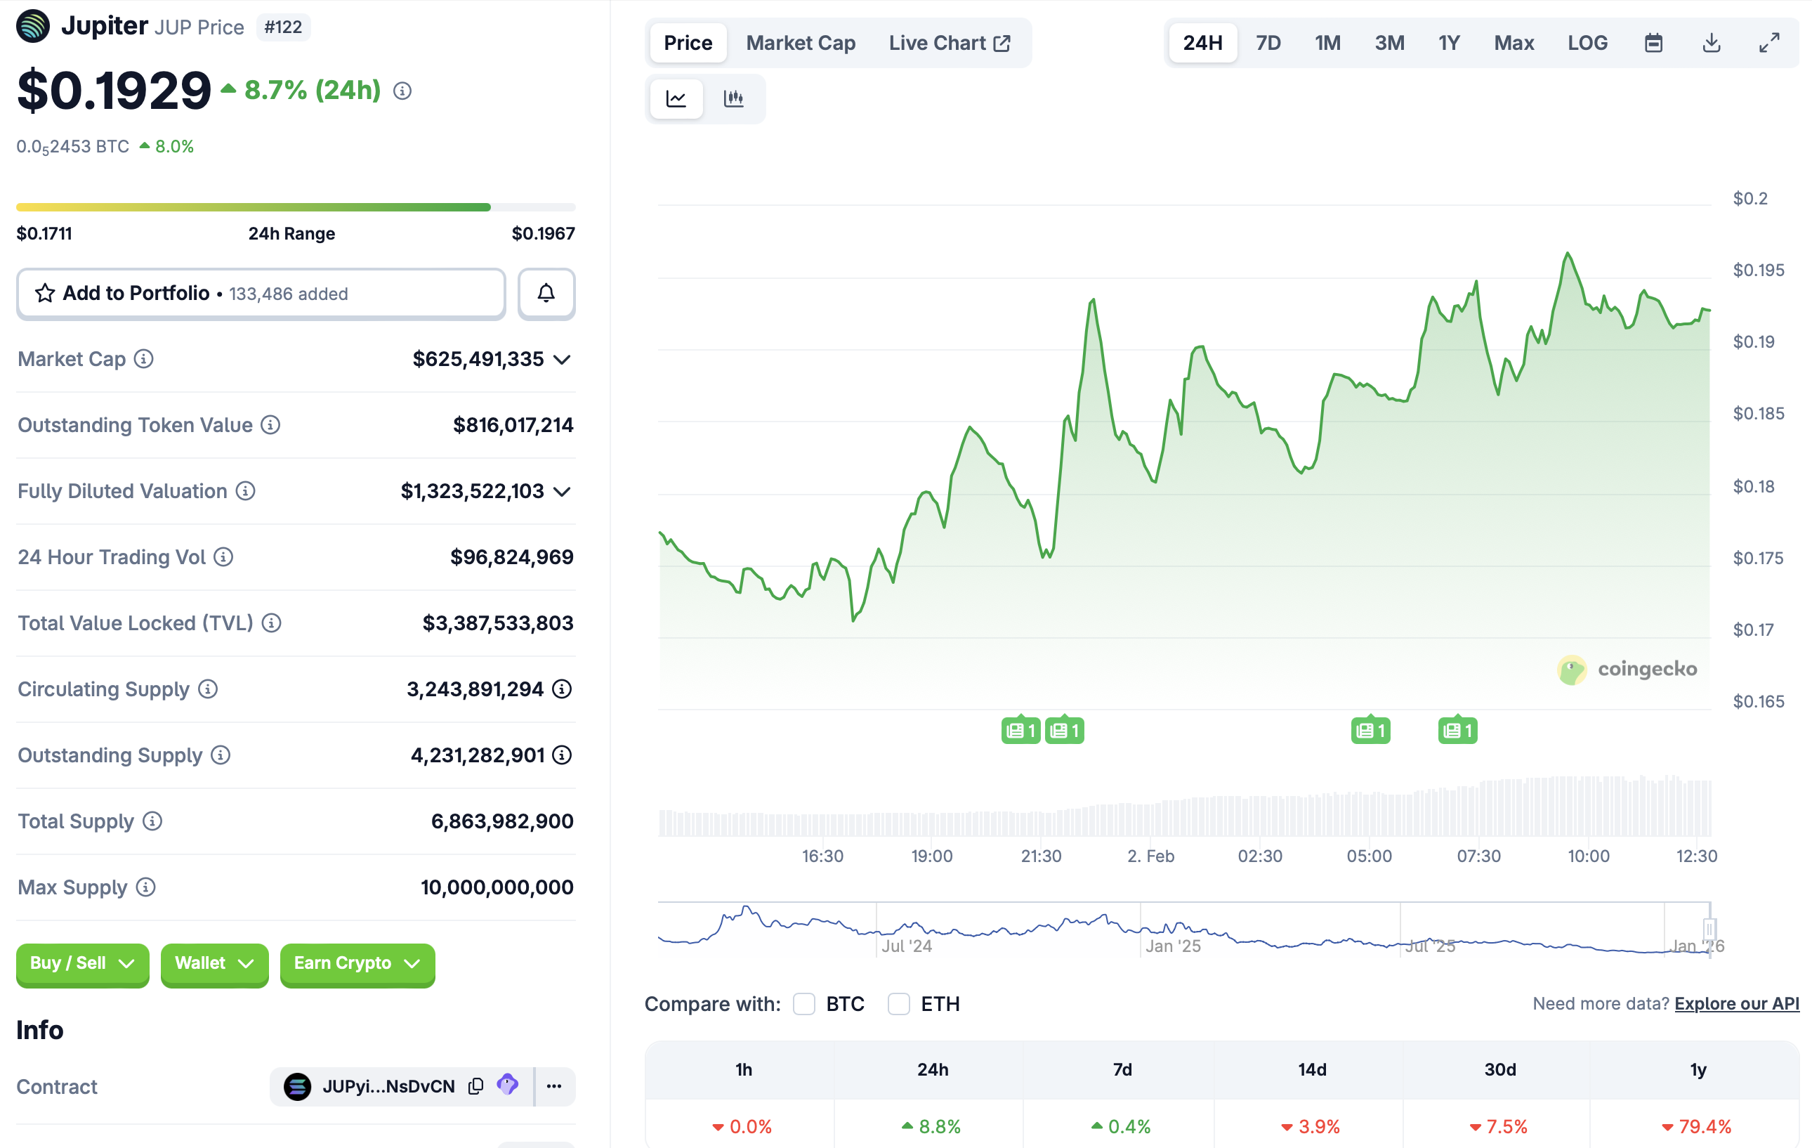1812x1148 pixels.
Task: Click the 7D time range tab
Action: (x=1268, y=43)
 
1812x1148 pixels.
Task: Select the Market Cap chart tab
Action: (x=800, y=43)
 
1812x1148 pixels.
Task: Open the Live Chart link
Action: (x=949, y=43)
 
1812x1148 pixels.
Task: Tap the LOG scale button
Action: (x=1587, y=43)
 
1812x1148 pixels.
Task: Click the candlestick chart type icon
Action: (x=733, y=98)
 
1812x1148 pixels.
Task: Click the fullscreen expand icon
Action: (x=1768, y=43)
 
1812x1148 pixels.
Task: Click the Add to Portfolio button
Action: (x=261, y=294)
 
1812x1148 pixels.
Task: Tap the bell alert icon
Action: (x=546, y=294)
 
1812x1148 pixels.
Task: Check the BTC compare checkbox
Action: (x=803, y=1003)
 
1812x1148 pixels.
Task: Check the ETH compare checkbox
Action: (x=898, y=1003)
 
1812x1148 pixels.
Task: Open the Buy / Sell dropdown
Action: (x=82, y=963)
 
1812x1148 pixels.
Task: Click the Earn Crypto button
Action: (x=357, y=963)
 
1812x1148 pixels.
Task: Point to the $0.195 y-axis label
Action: (x=1758, y=270)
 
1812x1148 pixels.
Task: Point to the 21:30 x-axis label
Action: (x=1041, y=856)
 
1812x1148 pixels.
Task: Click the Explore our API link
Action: (x=1736, y=1003)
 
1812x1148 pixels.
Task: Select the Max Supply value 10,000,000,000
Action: (x=497, y=887)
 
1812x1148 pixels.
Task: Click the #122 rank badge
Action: (x=283, y=27)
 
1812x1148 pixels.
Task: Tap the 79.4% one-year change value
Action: (x=1705, y=1126)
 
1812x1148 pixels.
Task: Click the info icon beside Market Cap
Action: (x=144, y=359)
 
